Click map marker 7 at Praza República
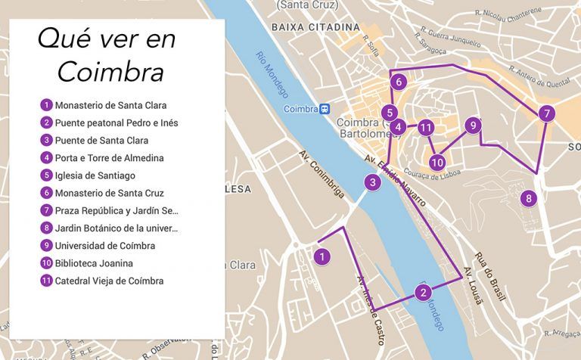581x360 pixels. pos(546,114)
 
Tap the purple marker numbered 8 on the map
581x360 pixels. pos(529,198)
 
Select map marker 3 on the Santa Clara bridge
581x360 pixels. pos(372,182)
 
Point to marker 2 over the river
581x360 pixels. pos(424,293)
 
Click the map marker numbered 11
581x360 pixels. pos(427,128)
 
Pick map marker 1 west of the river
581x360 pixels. pos(323,256)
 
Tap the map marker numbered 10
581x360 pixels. pos(437,161)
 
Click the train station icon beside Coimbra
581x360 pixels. pos(325,109)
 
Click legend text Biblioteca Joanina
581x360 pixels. pos(94,263)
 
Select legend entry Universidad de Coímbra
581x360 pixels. pos(104,246)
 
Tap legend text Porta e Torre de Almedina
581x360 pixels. pos(109,158)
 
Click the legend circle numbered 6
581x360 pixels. pos(47,193)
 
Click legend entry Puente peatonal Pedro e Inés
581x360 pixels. pos(117,123)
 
